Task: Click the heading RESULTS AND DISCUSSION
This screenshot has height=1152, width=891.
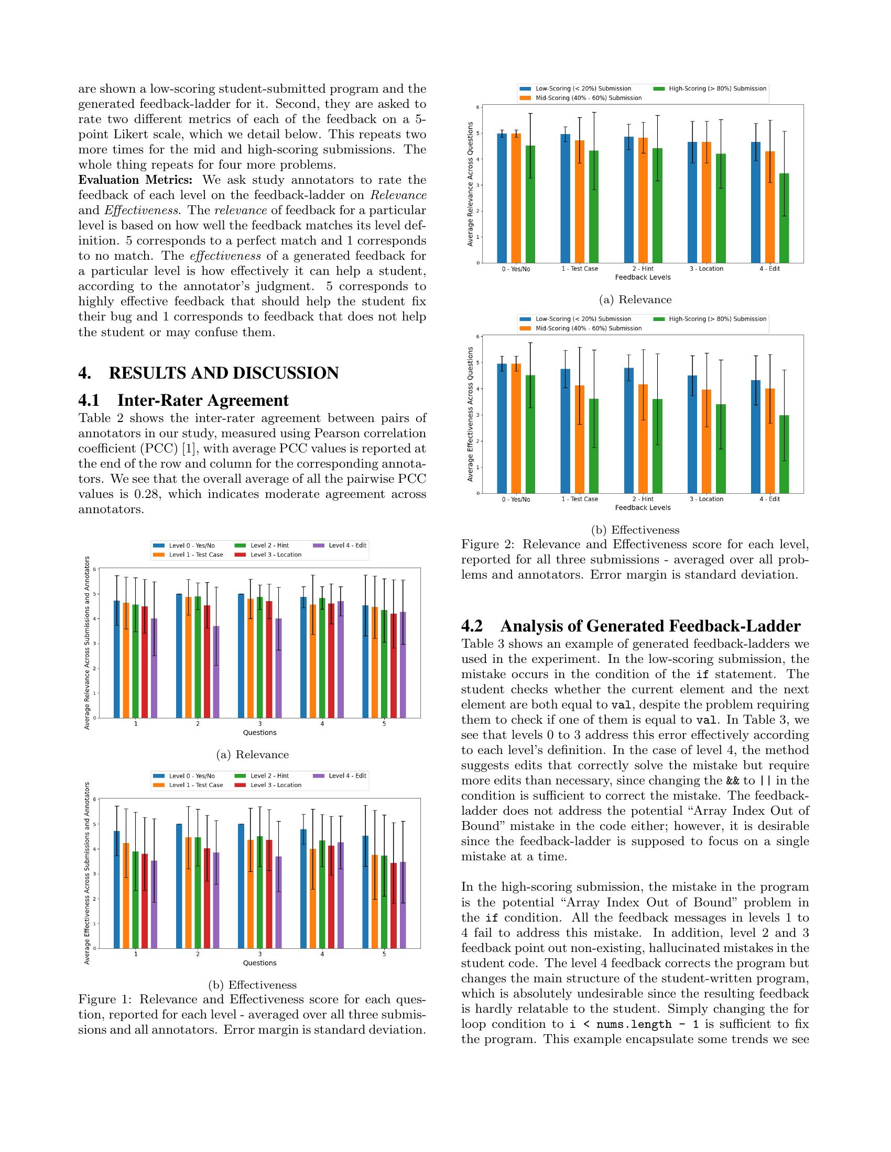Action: click(x=224, y=373)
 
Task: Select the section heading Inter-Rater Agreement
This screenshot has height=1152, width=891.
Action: click(x=203, y=401)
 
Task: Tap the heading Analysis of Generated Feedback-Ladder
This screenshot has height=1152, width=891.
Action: click(x=650, y=626)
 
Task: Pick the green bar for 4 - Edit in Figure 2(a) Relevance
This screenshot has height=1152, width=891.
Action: click(x=784, y=217)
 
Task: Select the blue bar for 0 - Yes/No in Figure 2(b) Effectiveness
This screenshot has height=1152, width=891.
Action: click(x=502, y=428)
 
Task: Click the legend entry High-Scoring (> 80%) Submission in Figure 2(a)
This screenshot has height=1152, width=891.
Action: click(x=718, y=88)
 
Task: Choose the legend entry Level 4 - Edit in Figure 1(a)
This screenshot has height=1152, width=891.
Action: click(x=347, y=546)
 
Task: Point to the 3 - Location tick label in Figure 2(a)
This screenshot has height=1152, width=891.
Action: click(x=707, y=269)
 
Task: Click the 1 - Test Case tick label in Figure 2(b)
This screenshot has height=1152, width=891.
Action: click(x=580, y=499)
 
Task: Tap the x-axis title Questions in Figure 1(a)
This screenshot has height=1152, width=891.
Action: click(x=259, y=733)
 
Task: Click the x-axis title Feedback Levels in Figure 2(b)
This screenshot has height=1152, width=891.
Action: click(x=643, y=507)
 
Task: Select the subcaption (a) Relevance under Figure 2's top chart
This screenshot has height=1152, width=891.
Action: click(x=635, y=300)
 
